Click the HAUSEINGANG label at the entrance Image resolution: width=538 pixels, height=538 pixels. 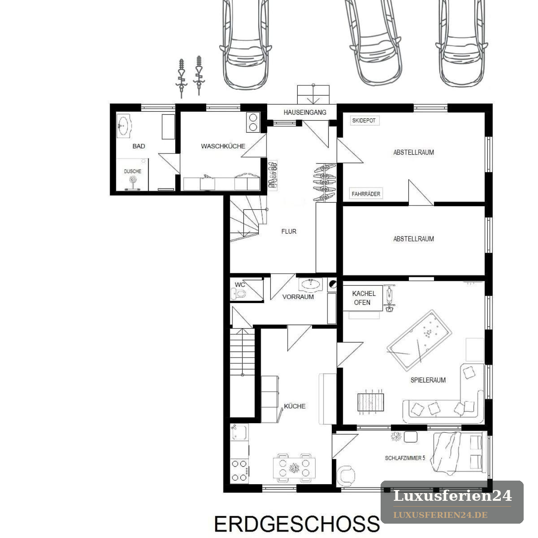[x=304, y=112]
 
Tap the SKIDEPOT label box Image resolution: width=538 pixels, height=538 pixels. [x=364, y=121]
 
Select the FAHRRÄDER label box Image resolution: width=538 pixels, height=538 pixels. [x=366, y=194]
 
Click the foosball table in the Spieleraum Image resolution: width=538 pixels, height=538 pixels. [x=370, y=402]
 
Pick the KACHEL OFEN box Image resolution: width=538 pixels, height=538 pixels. [x=363, y=298]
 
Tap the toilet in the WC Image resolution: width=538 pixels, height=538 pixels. [x=238, y=294]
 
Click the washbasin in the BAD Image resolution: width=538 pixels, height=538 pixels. [x=123, y=126]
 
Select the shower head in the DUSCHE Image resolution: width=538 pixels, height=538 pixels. [x=133, y=179]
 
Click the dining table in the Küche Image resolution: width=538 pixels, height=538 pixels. [x=294, y=468]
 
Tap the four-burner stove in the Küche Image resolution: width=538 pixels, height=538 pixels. [x=239, y=471]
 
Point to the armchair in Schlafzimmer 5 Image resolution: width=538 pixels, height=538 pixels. [x=346, y=475]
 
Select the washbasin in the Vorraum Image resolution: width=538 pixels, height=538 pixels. [x=310, y=285]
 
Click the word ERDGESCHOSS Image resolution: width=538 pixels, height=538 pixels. [x=297, y=524]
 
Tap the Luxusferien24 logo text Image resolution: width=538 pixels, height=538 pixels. [x=452, y=496]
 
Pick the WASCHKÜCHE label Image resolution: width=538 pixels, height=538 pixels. [x=223, y=146]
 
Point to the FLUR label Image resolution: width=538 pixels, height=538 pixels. [x=289, y=231]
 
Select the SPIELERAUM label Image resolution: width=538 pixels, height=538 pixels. [x=428, y=380]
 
